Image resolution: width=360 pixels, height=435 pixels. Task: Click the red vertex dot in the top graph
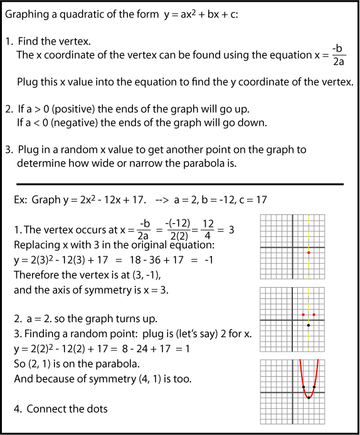point(309,253)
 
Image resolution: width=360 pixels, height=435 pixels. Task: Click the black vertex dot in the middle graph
point(309,325)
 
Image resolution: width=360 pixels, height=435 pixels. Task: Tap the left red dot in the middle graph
point(303,314)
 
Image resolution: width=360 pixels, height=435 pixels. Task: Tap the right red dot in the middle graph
point(314,314)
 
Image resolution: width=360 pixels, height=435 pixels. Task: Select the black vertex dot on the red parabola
point(309,397)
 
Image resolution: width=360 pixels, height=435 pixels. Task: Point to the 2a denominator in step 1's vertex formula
point(339,61)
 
